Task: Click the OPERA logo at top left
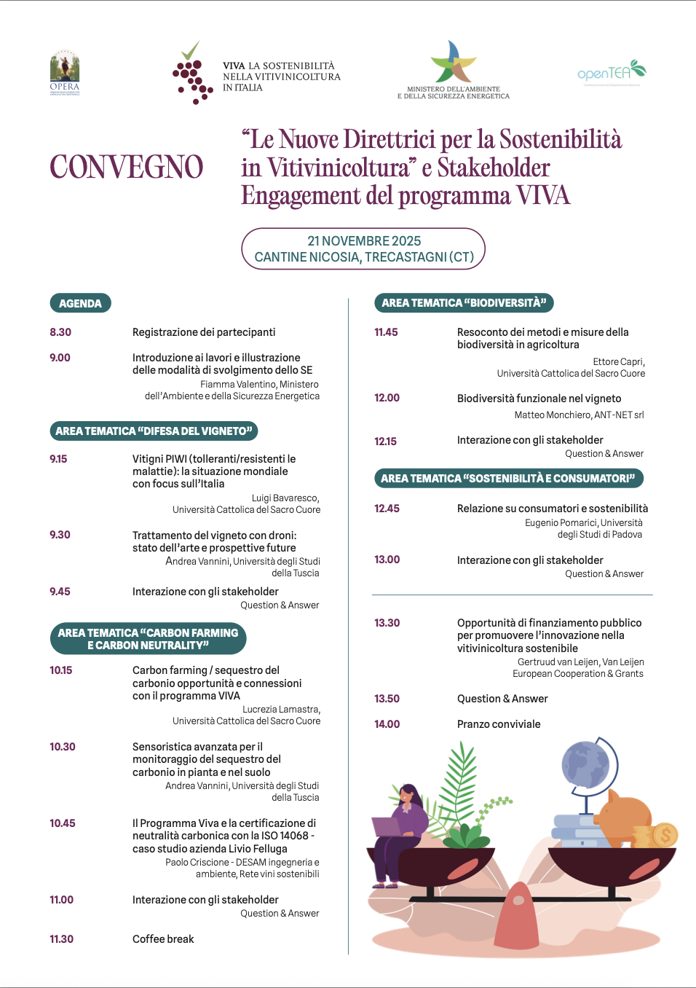(x=65, y=73)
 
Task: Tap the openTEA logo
(x=611, y=72)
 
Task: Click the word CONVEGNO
(x=127, y=167)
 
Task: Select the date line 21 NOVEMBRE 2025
(x=364, y=241)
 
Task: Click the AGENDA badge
(x=80, y=303)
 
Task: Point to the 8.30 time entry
(x=60, y=332)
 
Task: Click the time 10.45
(x=63, y=823)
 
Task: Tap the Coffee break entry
(x=163, y=939)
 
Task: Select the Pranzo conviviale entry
(x=499, y=724)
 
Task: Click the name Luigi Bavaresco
(x=285, y=498)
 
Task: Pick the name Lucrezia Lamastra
(x=281, y=709)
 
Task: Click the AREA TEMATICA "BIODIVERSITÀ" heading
(x=464, y=303)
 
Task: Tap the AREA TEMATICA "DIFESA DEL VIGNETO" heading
(x=154, y=431)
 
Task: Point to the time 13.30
(x=387, y=623)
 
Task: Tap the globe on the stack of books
(x=586, y=765)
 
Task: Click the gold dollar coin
(x=665, y=835)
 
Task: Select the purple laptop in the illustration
(x=387, y=826)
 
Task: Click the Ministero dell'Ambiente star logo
(x=453, y=62)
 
